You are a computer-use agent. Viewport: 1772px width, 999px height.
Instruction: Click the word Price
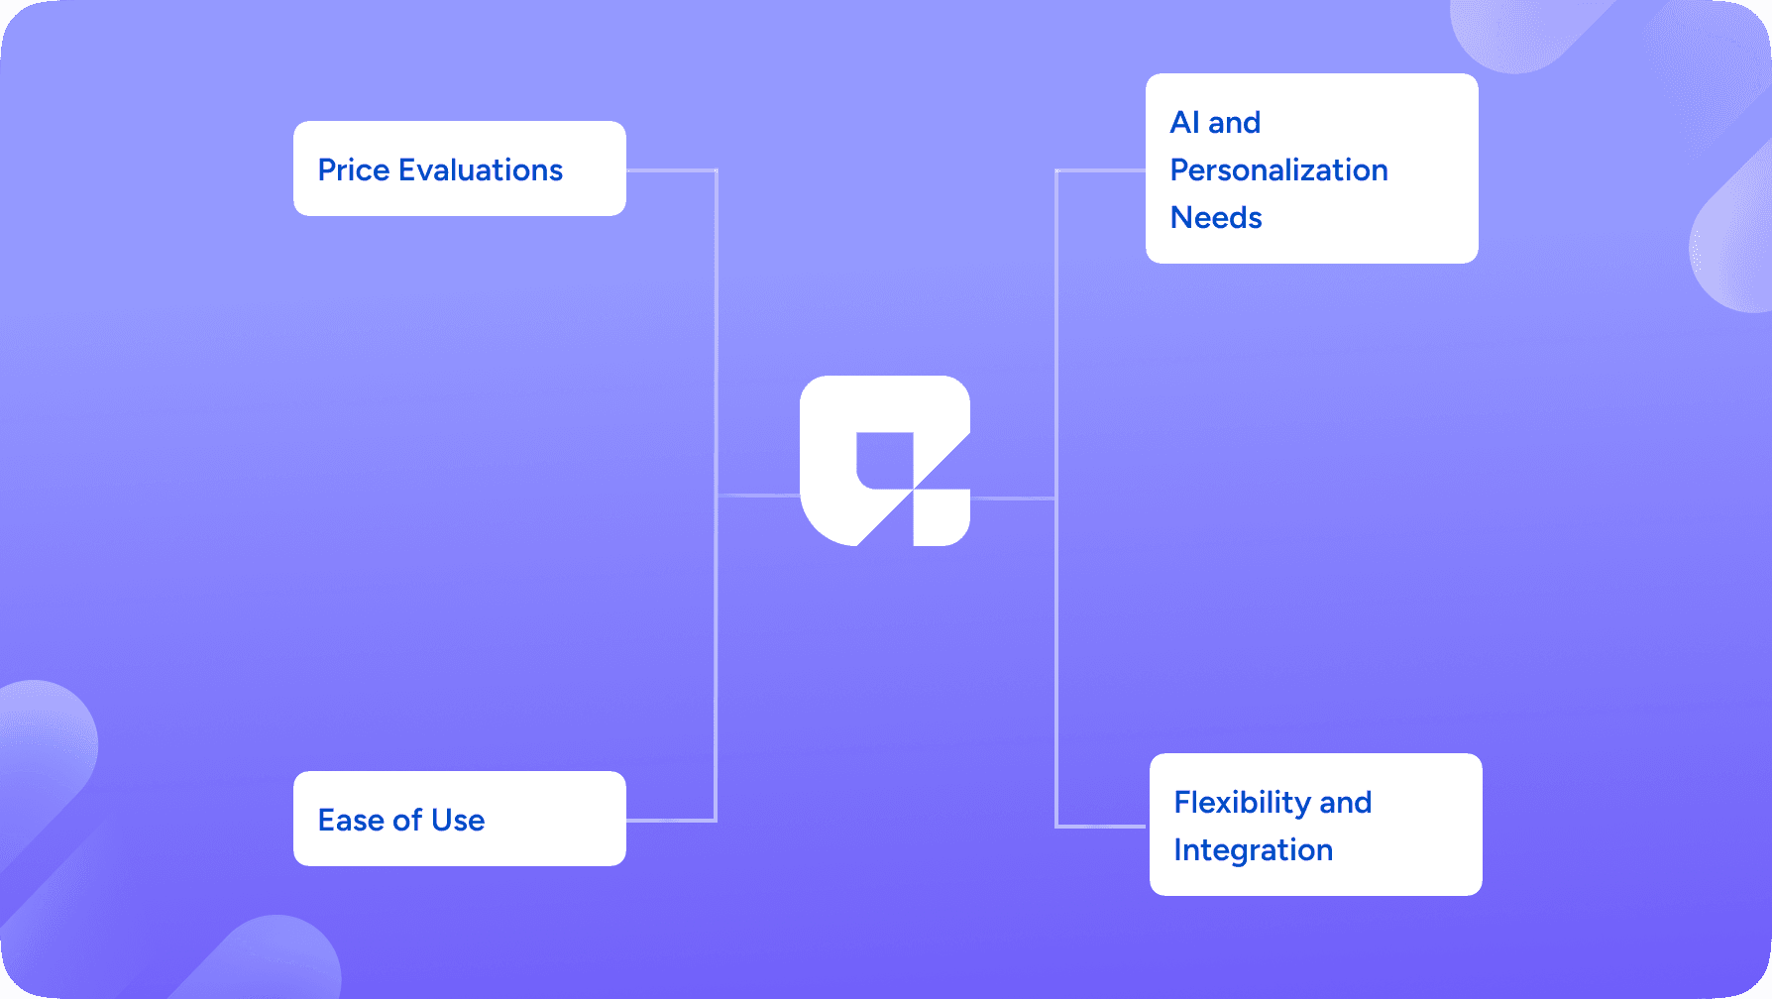pos(354,170)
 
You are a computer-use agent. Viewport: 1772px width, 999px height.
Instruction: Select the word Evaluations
pos(481,170)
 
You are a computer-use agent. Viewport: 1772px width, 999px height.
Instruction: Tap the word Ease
pos(351,821)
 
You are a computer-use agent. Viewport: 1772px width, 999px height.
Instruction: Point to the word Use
pos(458,821)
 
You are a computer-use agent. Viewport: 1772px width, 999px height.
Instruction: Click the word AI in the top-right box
pos(1185,123)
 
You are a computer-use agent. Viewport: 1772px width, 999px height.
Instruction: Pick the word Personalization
pos(1279,170)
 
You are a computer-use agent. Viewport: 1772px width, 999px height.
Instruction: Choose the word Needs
pos(1216,218)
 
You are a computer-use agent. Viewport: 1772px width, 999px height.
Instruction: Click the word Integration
pos(1254,850)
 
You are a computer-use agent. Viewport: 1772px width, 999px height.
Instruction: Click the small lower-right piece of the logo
pos(941,517)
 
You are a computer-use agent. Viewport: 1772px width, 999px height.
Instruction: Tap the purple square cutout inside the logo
pos(884,461)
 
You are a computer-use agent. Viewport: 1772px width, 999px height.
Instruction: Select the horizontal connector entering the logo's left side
pos(758,495)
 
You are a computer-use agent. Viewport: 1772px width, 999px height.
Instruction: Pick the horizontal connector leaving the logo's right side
pos(1013,499)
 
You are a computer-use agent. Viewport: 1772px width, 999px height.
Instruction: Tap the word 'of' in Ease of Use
pos(407,821)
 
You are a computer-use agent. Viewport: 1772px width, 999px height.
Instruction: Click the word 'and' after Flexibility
pos(1346,803)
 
